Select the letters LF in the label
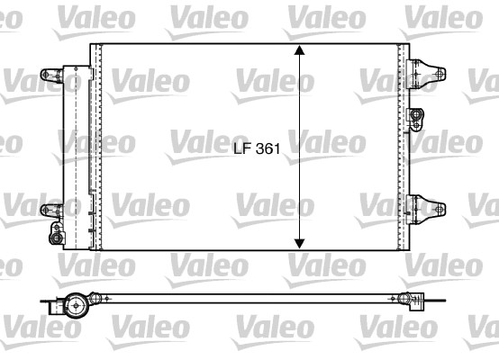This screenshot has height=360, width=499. (x=240, y=152)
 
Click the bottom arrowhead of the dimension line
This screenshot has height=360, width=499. (x=300, y=242)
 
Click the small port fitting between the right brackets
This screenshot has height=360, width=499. (x=415, y=114)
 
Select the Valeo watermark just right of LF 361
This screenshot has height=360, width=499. (x=329, y=141)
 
